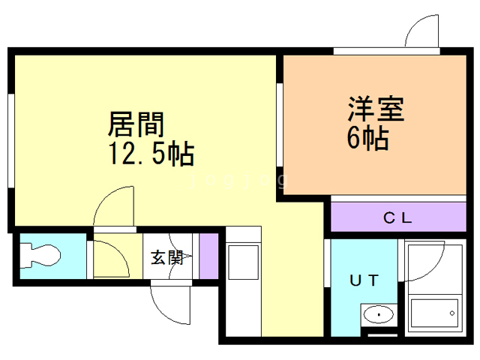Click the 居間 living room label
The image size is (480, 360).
[x=137, y=122]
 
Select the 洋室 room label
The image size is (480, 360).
[x=375, y=110]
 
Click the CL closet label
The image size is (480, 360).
[x=397, y=218]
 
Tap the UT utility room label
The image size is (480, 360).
[x=364, y=280]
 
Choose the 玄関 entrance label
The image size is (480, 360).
[x=167, y=257]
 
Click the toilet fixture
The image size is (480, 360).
[x=42, y=256]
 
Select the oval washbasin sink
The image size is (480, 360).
[x=379, y=316]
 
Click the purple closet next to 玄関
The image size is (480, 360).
[x=208, y=256]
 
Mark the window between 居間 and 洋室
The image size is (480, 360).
[x=279, y=124]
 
